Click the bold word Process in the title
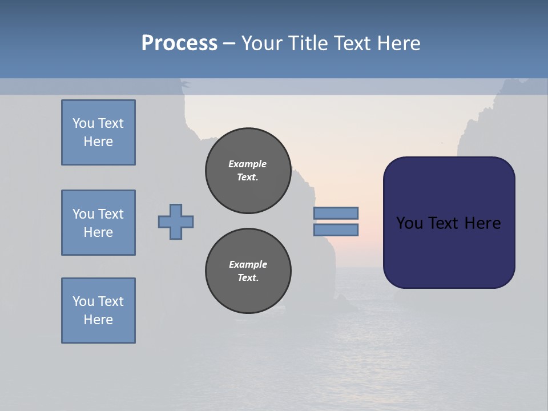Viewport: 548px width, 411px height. pos(179,43)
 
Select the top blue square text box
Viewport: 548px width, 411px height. pos(98,132)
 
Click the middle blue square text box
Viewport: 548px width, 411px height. pos(98,223)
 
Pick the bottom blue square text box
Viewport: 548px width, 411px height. pos(98,311)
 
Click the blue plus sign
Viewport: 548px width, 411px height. pos(176,222)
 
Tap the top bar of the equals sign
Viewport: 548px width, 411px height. pos(336,213)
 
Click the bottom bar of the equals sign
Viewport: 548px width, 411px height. pos(336,230)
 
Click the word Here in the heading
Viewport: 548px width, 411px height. pos(399,43)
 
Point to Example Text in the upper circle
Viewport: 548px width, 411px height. pos(248,171)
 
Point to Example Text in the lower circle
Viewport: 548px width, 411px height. pos(248,271)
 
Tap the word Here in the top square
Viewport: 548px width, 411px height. pos(98,142)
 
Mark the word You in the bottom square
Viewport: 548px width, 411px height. pos(83,301)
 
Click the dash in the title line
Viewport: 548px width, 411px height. pos(229,43)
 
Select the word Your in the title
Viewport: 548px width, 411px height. pos(262,43)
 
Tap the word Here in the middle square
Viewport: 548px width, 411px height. pos(98,232)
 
